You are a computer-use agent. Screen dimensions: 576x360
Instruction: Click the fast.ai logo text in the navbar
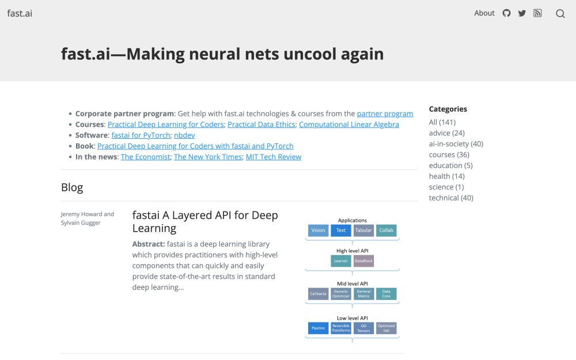click(20, 13)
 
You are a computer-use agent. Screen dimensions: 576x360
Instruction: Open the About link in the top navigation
click(484, 13)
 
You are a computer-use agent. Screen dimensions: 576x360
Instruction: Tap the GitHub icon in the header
click(506, 13)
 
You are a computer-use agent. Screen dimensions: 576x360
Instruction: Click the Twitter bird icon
click(522, 13)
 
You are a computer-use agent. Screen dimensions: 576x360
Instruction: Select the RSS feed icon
click(537, 13)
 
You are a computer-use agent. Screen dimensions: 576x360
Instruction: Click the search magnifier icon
click(560, 14)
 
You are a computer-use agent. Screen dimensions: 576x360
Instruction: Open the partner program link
click(385, 114)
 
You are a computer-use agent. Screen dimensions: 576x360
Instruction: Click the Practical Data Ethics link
click(261, 124)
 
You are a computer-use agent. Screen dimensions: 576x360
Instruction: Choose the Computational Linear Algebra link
click(349, 124)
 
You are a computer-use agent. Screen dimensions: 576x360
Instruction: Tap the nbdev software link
click(184, 135)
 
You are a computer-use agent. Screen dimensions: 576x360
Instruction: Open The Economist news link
click(146, 157)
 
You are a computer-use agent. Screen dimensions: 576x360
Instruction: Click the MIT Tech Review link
click(274, 157)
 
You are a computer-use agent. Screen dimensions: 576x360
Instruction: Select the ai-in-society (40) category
click(456, 143)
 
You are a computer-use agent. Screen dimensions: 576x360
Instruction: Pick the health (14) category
click(447, 176)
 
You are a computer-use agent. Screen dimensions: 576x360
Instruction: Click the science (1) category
click(446, 187)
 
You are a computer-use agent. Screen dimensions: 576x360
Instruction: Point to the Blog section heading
click(72, 187)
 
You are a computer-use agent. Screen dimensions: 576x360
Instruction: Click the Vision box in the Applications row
click(318, 230)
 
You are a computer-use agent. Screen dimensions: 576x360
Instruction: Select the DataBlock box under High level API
click(363, 261)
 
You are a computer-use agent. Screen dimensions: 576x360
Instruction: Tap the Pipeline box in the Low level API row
click(318, 328)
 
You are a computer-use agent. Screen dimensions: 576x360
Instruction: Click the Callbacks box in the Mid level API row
click(318, 294)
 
